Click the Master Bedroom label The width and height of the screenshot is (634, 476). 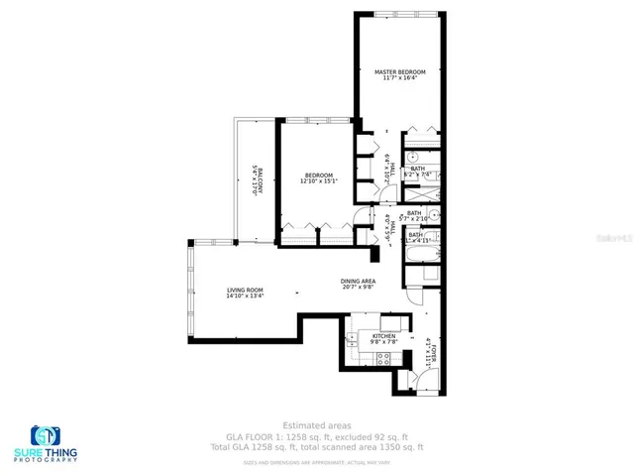coord(400,72)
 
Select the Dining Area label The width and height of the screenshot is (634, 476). coord(358,281)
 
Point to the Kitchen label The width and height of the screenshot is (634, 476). coord(383,336)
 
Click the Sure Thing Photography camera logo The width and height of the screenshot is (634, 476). coord(46,436)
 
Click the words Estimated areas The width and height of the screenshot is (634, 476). coord(316,425)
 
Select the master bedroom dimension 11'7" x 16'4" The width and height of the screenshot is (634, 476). coord(400,79)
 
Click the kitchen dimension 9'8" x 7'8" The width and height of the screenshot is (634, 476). coord(383,343)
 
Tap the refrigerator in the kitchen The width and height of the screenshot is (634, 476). coord(393,321)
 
